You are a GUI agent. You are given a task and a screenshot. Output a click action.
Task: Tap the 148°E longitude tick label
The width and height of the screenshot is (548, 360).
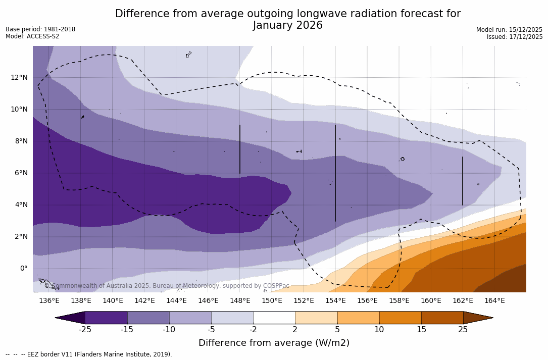coord(240,301)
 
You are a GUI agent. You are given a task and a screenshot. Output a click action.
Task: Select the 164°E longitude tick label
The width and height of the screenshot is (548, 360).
coord(494,301)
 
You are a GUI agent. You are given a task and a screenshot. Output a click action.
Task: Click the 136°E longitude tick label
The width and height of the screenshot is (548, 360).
coord(49,301)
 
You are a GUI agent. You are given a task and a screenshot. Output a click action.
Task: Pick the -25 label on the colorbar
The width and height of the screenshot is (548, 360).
coord(85,330)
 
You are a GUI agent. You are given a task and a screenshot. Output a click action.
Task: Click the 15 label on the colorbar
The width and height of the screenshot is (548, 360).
coord(421,330)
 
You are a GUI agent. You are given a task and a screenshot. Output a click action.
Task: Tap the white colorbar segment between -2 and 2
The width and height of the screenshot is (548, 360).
coord(274,318)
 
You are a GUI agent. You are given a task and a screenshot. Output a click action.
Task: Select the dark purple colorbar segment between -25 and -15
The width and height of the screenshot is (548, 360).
coord(106,318)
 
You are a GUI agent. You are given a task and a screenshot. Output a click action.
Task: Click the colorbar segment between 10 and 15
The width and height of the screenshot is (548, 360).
coord(400,318)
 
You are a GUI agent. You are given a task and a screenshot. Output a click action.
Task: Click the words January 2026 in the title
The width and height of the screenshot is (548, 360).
coord(287,26)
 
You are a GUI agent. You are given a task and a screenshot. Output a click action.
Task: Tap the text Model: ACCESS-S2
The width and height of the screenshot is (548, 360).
coord(32,36)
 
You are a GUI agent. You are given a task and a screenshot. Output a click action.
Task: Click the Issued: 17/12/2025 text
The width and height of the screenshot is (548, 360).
coord(515,37)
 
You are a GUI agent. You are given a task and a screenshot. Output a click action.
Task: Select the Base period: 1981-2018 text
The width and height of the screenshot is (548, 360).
coord(40,29)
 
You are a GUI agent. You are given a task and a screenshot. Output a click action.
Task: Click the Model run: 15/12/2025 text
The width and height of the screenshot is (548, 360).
coord(509,30)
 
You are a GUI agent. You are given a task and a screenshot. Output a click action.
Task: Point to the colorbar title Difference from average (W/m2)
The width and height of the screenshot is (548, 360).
coord(274,343)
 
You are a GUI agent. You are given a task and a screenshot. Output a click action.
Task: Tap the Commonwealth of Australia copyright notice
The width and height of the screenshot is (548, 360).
coord(167,286)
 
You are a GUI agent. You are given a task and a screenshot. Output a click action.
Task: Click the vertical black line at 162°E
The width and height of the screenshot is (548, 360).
coord(463,181)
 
